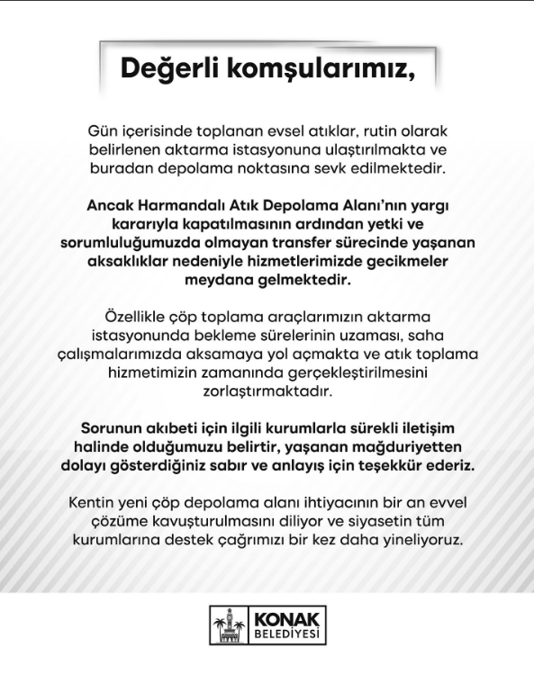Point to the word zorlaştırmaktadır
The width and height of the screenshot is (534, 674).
tap(267, 392)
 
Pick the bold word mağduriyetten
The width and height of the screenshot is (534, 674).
tap(407, 448)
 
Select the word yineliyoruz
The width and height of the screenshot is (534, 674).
tap(417, 541)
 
